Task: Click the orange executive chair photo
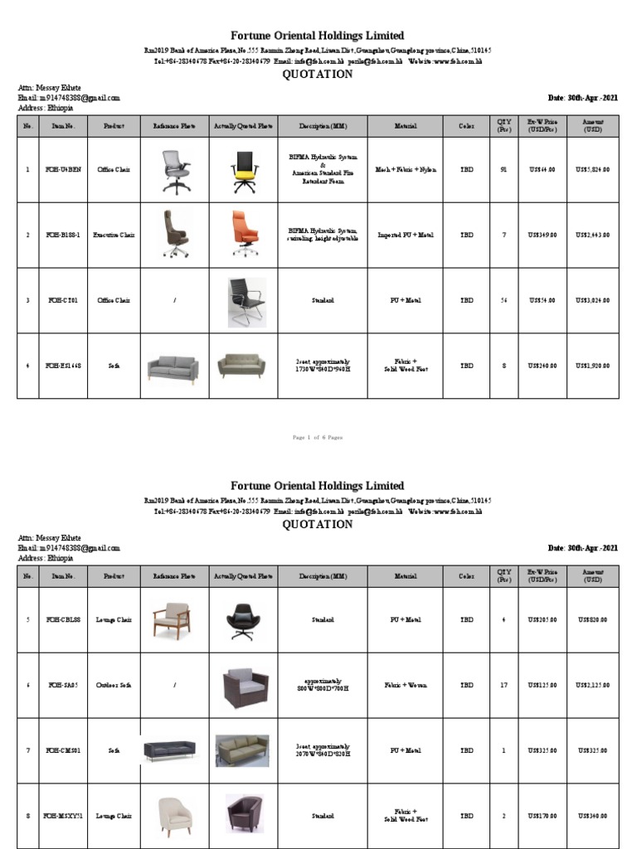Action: coord(244,235)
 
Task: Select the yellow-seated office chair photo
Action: coord(244,170)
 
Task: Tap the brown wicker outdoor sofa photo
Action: coord(245,686)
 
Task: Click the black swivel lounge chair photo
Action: coord(244,620)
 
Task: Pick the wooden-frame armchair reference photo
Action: coord(173,620)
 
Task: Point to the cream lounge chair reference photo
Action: coord(173,816)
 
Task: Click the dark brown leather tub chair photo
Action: coord(244,816)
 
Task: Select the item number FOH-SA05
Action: coord(63,686)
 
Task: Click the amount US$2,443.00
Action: coord(592,235)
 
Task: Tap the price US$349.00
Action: coord(542,235)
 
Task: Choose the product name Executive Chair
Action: coord(114,235)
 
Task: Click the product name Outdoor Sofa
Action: coord(114,686)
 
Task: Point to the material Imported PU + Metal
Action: coord(406,235)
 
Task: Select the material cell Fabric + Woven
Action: coord(406,686)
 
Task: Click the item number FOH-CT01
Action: coord(63,301)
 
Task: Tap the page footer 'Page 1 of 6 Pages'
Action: coord(318,437)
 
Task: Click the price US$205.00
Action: coord(542,620)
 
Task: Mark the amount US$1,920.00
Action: coord(592,366)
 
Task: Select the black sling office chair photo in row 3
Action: coord(246,301)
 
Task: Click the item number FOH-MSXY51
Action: coord(63,817)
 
